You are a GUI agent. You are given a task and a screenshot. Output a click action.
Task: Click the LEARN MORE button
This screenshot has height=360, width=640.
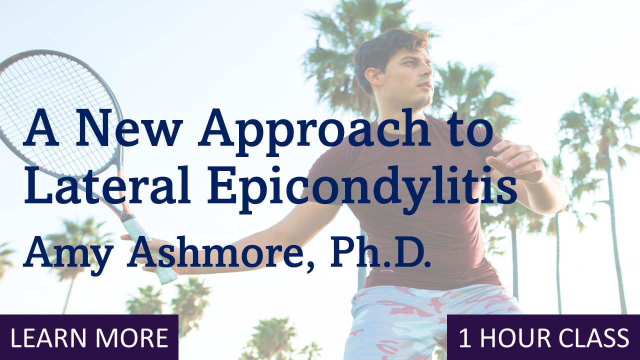point(89,337)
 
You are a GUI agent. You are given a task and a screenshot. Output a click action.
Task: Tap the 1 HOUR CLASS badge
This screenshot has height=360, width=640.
point(543,337)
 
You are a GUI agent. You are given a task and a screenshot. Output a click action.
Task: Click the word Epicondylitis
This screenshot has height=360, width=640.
point(362,188)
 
